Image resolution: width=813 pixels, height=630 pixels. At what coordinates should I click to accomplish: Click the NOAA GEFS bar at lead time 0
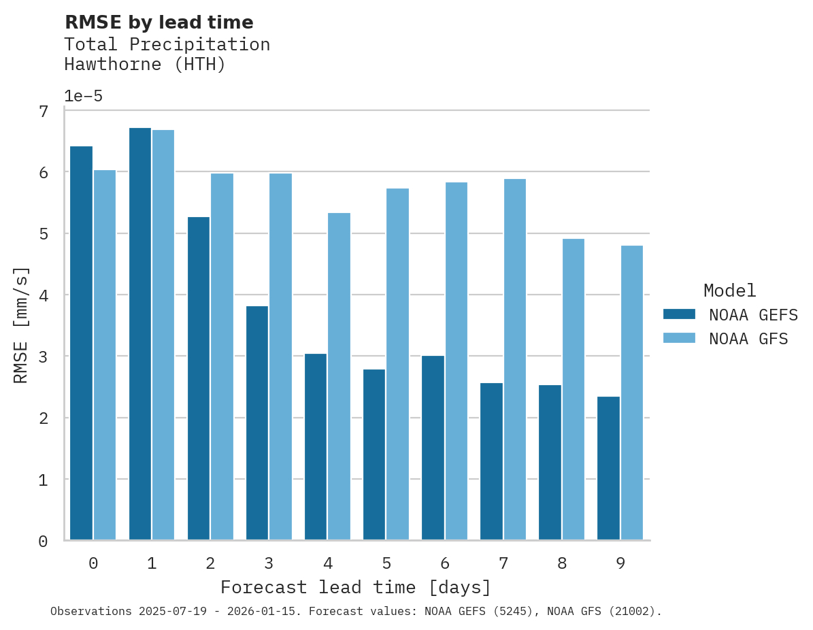click(81, 344)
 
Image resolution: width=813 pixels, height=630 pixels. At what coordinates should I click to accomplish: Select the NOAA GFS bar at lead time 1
click(163, 335)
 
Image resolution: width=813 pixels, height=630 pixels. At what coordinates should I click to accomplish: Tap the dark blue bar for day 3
click(256, 423)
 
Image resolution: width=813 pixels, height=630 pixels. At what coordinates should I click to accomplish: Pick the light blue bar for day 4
click(339, 377)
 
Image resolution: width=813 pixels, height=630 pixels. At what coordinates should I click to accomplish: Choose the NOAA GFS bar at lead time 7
click(514, 360)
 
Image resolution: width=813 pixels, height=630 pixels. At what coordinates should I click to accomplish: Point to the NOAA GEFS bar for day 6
click(433, 448)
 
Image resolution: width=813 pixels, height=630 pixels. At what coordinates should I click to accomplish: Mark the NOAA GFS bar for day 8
click(573, 390)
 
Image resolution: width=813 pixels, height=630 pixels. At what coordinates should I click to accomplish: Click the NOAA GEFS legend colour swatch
click(679, 314)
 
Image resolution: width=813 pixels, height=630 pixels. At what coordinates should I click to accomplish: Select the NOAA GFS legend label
click(748, 339)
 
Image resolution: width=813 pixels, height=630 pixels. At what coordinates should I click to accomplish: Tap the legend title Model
click(729, 291)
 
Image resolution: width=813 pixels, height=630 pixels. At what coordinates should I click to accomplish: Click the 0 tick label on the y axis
click(43, 542)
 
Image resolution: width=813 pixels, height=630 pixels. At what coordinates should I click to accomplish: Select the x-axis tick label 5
click(386, 564)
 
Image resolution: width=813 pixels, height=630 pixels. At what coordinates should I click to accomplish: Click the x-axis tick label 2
click(210, 564)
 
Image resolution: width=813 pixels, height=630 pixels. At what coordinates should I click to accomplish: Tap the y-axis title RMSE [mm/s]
click(22, 325)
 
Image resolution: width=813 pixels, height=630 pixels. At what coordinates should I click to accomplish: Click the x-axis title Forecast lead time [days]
click(355, 587)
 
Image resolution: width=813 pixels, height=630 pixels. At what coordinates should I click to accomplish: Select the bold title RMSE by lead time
click(159, 23)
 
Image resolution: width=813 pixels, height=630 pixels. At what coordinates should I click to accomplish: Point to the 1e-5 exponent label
click(83, 97)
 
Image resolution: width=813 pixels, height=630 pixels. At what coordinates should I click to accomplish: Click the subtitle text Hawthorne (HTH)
click(144, 65)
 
